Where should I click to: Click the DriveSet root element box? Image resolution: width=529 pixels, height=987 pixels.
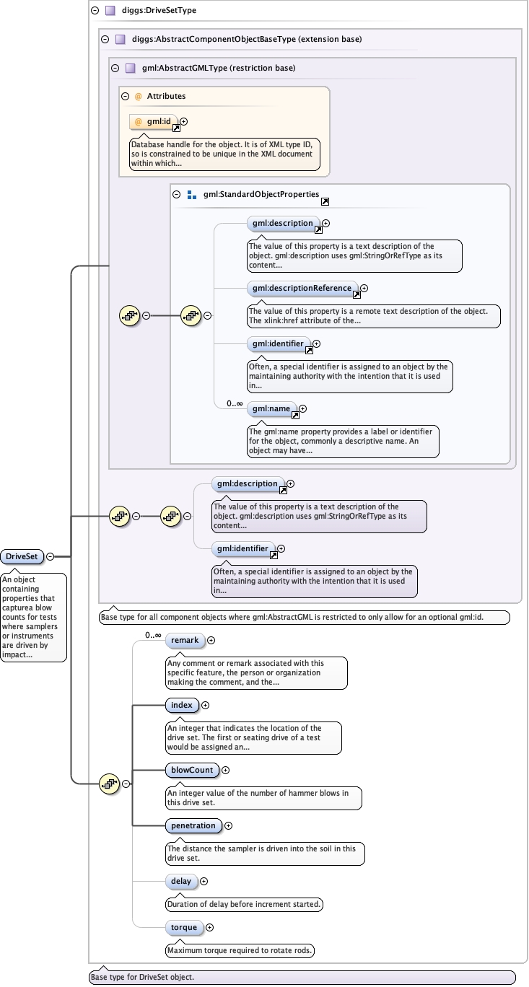click(x=22, y=556)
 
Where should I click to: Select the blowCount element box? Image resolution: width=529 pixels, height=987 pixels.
click(x=191, y=770)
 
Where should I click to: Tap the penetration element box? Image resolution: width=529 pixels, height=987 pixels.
click(x=193, y=825)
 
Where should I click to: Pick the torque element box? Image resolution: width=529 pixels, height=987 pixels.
click(x=184, y=927)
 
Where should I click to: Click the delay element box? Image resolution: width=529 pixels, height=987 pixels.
click(x=180, y=881)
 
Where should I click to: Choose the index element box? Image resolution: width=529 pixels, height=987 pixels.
click(x=181, y=705)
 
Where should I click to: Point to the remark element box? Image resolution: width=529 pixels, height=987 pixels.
click(x=184, y=640)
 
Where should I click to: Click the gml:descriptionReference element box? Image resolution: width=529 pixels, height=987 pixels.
click(x=302, y=289)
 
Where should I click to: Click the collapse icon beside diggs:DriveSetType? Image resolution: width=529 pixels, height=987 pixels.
click(x=95, y=11)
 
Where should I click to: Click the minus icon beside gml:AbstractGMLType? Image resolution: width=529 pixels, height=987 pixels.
click(x=115, y=69)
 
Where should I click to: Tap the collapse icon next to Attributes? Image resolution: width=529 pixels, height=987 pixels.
click(x=126, y=96)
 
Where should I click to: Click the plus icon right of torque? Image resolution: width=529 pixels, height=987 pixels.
click(x=210, y=927)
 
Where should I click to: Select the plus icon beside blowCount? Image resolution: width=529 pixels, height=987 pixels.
click(x=225, y=770)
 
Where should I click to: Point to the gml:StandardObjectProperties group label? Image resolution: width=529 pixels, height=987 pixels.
click(x=261, y=194)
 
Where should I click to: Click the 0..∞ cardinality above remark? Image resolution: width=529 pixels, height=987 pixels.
click(x=152, y=635)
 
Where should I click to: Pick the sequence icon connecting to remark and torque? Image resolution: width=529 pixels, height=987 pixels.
click(x=108, y=783)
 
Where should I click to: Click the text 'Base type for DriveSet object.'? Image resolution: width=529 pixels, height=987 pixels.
click(x=141, y=978)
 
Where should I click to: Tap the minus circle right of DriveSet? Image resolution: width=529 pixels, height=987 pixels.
click(x=50, y=556)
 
